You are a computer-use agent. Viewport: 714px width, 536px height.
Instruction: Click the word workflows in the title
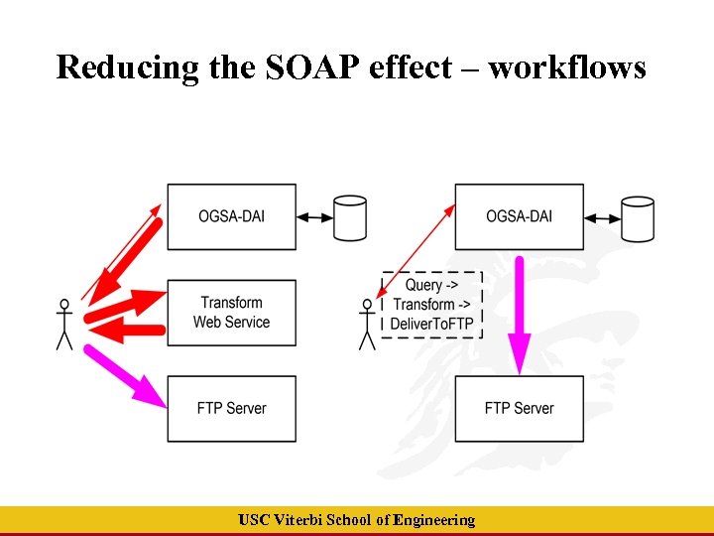tap(567, 67)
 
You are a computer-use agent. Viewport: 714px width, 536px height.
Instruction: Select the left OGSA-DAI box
tap(231, 216)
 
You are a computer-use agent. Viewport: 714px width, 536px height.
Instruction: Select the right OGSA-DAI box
tap(519, 216)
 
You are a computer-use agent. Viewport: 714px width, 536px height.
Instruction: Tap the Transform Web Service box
tap(231, 313)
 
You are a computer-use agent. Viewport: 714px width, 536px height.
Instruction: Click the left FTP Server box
tap(231, 408)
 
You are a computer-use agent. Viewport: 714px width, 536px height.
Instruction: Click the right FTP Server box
tap(519, 408)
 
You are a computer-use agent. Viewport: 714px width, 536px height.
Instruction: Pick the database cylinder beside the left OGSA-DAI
tap(350, 217)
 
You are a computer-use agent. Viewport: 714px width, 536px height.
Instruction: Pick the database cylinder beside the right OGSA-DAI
tap(637, 217)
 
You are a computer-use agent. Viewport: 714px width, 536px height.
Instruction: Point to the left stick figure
tap(64, 324)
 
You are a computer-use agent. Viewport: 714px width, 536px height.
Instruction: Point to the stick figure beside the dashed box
tap(367, 324)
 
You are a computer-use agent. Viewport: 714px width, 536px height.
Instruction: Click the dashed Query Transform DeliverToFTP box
tap(432, 305)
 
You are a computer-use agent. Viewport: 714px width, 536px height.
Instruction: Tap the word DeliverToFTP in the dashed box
tap(432, 324)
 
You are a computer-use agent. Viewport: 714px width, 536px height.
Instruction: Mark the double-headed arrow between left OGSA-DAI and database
tap(315, 216)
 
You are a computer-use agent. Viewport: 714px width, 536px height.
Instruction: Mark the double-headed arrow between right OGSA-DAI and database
tap(602, 216)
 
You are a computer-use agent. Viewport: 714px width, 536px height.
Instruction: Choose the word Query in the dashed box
tap(424, 285)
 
